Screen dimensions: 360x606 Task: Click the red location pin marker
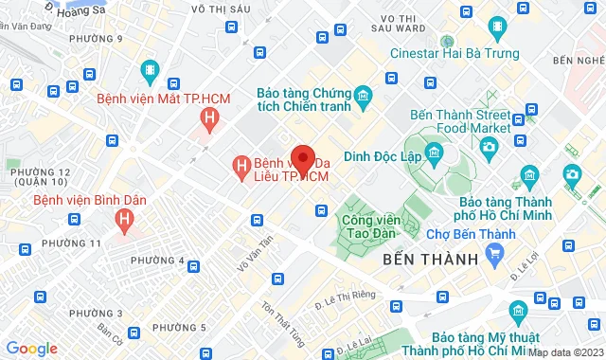pos(303,157)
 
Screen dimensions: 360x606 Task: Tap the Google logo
pos(31,348)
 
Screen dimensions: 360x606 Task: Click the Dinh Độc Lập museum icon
pos(435,153)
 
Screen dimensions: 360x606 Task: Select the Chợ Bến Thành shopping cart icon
pos(493,252)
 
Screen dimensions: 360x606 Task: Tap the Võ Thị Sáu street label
pos(218,9)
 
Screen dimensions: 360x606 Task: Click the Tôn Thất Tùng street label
pos(280,321)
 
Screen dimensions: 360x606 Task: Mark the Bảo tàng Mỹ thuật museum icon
pos(518,311)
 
